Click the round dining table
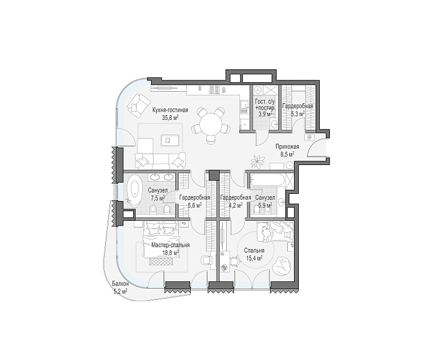(x=211, y=124)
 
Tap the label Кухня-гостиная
(x=171, y=110)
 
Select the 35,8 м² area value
(x=171, y=118)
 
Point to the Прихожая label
(x=287, y=147)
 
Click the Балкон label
(x=121, y=284)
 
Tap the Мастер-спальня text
(x=170, y=245)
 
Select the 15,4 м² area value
(x=253, y=258)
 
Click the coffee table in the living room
(x=167, y=139)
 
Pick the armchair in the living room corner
(x=137, y=105)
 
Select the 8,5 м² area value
(x=287, y=154)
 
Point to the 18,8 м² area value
(x=170, y=253)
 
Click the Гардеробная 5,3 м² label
(x=298, y=110)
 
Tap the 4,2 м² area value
(x=236, y=205)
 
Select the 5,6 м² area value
(x=194, y=205)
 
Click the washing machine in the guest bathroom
(x=258, y=91)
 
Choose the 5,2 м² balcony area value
(x=121, y=291)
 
